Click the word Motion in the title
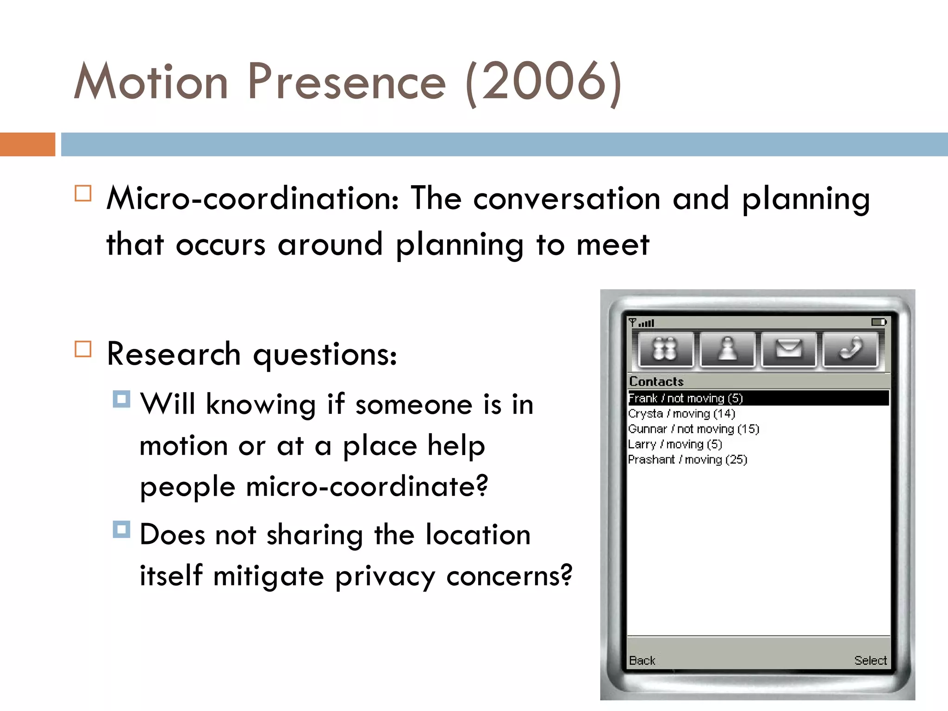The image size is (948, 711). click(151, 82)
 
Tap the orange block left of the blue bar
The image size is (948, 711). click(27, 144)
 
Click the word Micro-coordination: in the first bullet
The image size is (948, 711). click(252, 199)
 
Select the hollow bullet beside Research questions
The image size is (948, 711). click(83, 349)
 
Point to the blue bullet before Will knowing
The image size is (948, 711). click(121, 399)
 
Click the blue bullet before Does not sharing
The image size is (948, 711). click(121, 530)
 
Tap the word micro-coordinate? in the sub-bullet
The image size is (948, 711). click(367, 487)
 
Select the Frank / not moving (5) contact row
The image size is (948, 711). click(685, 398)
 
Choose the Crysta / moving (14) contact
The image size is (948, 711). click(681, 413)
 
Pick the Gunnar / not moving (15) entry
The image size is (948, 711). click(693, 429)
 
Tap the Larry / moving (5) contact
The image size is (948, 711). click(675, 444)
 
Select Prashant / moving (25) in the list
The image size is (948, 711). click(687, 460)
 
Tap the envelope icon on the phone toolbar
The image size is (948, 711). click(789, 349)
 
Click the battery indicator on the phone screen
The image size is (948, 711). click(878, 322)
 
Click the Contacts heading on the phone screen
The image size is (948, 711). click(656, 381)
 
